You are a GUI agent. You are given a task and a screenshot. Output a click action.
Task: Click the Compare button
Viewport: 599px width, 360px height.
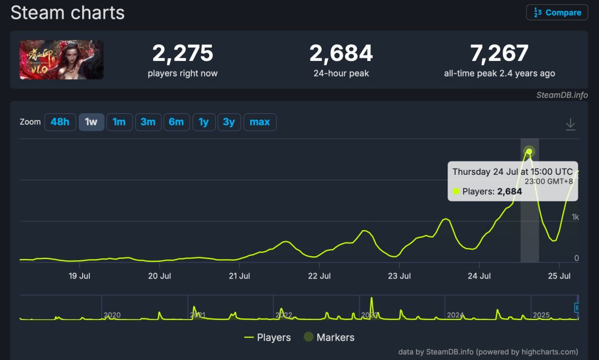(x=557, y=13)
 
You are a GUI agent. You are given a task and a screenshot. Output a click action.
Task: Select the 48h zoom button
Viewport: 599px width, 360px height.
(x=60, y=122)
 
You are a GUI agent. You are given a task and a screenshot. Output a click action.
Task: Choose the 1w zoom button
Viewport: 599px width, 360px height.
(x=91, y=122)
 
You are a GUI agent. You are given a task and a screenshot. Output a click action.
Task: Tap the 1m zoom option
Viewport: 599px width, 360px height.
(x=119, y=122)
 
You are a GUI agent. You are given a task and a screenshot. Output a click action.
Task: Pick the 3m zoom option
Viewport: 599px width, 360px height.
(x=148, y=122)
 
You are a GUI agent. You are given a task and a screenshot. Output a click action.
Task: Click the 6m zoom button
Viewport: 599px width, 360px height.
(x=176, y=122)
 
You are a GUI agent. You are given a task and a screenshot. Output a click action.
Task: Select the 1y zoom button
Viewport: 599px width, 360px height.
(x=204, y=122)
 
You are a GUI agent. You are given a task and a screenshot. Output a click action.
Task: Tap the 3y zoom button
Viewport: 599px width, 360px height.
(x=229, y=122)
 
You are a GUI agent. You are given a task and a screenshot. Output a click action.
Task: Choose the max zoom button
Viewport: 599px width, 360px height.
(x=260, y=122)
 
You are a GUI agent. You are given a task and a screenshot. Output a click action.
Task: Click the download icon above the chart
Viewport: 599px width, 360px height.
(x=570, y=124)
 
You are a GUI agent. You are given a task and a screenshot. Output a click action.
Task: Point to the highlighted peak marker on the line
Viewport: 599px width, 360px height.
(x=529, y=151)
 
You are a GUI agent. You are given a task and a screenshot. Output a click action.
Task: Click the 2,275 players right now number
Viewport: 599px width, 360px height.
(x=182, y=53)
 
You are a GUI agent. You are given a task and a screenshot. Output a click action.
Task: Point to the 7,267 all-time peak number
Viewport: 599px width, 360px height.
(x=499, y=53)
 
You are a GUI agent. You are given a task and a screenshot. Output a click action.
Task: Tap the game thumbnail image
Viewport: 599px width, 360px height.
(x=62, y=59)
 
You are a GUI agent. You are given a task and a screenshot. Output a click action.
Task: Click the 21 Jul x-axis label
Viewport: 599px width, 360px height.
(x=240, y=276)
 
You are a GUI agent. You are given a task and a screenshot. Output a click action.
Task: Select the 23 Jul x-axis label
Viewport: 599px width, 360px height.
(x=399, y=276)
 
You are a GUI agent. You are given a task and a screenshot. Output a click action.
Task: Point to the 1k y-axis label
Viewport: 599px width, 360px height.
(x=575, y=217)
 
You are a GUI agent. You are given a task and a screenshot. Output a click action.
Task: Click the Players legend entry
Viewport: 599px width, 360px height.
(x=267, y=337)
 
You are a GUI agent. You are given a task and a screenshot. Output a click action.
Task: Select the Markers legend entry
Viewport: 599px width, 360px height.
(x=329, y=337)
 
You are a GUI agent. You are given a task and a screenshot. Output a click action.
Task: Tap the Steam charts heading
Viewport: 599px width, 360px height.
(x=68, y=12)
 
